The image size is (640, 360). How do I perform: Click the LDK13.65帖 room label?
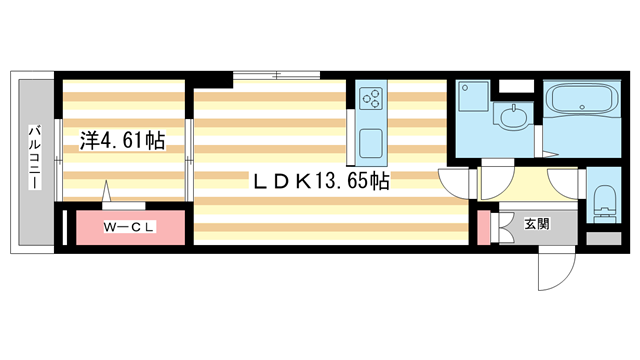pyautogui.click(x=319, y=181)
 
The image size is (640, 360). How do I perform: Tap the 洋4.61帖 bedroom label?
pyautogui.click(x=122, y=142)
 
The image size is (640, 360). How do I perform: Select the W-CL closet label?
pyautogui.click(x=130, y=227)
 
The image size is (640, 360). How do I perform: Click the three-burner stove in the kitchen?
pyautogui.click(x=371, y=98)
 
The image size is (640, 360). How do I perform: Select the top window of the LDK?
pyautogui.click(x=277, y=74)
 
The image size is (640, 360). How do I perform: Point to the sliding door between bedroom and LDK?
pyautogui.click(x=189, y=140)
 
